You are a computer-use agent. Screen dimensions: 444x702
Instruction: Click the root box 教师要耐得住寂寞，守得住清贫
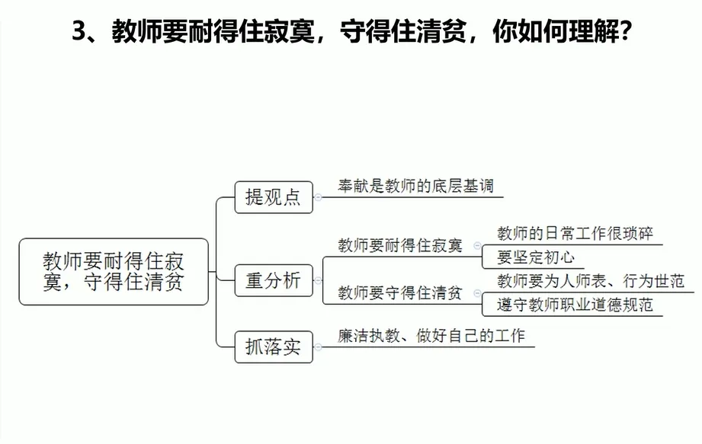point(114,272)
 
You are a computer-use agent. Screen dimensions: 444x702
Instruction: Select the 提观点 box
point(274,197)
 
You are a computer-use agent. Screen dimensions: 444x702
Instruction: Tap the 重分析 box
point(274,280)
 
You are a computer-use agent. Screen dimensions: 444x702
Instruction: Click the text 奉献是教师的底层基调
point(416,186)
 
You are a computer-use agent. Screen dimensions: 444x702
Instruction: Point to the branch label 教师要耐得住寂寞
point(399,246)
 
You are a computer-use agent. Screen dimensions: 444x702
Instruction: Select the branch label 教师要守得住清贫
point(399,293)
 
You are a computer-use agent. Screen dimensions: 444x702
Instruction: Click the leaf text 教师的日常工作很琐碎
point(575,233)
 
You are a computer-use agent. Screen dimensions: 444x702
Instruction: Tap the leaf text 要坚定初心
point(536,257)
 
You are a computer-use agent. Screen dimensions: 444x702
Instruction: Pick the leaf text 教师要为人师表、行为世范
point(591,281)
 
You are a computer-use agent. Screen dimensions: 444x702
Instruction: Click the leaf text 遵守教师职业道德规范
point(575,305)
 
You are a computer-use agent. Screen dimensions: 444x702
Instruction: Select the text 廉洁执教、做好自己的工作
point(431,335)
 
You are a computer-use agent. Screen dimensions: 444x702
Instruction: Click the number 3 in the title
point(77,33)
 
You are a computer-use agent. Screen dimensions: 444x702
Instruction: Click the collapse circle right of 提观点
point(318,197)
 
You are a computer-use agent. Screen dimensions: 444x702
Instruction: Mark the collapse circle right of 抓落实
point(318,347)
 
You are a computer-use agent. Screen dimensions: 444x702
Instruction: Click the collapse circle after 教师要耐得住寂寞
point(477,246)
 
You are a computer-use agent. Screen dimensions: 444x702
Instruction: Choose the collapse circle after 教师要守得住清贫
point(477,293)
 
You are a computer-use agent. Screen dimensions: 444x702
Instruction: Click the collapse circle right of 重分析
point(318,280)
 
